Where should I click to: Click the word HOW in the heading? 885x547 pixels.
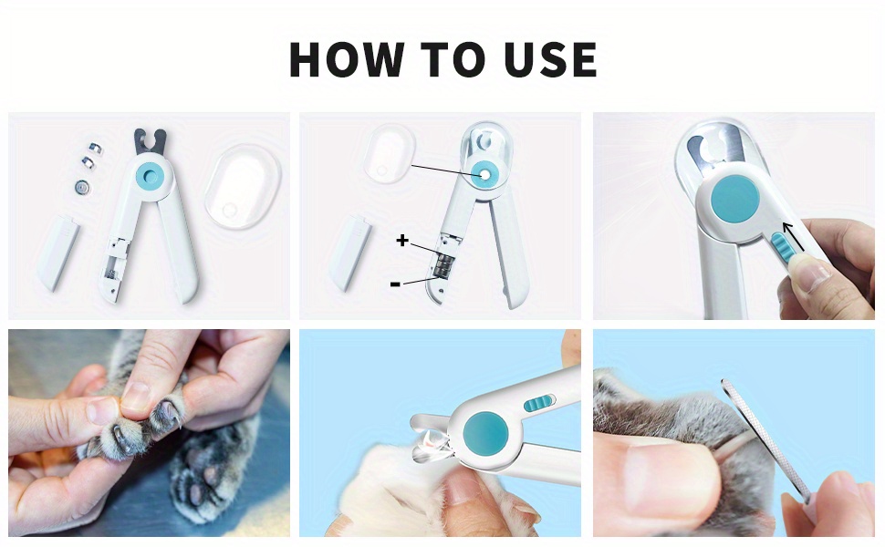coord(347,58)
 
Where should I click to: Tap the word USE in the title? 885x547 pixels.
coord(550,58)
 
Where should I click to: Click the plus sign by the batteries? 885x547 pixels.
coord(401,241)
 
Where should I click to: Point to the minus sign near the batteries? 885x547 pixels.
coord(396,284)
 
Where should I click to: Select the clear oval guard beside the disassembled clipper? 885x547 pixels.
coord(243,187)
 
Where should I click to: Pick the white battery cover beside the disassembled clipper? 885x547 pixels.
coord(58,253)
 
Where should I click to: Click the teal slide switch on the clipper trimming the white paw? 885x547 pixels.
coord(538,403)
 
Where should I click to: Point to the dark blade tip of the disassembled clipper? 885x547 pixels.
coord(151,141)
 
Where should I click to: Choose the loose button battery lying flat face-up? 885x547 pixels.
coord(83,186)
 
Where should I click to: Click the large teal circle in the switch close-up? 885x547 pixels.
coord(734,198)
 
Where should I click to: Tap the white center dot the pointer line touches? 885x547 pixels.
coord(484,175)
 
